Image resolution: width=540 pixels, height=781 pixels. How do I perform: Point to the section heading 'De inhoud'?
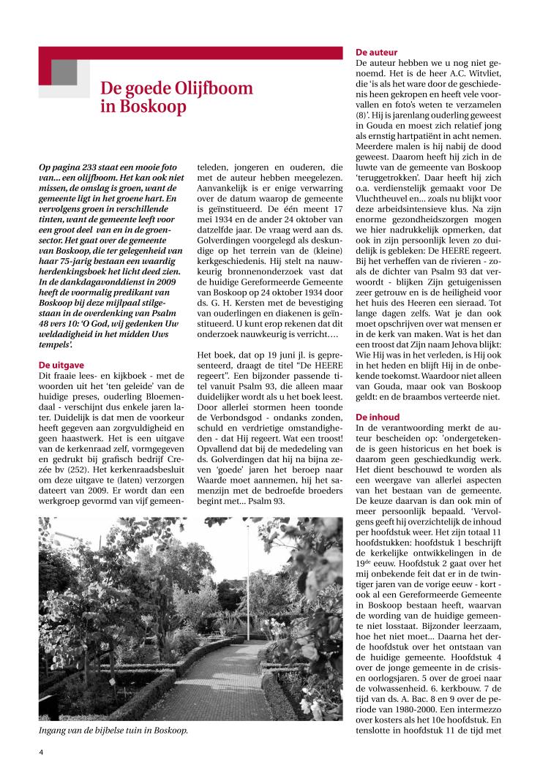pyautogui.click(x=378, y=417)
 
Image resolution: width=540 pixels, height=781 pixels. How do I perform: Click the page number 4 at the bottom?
pyautogui.click(x=42, y=750)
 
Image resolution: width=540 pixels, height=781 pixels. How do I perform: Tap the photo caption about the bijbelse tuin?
pyautogui.click(x=113, y=730)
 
